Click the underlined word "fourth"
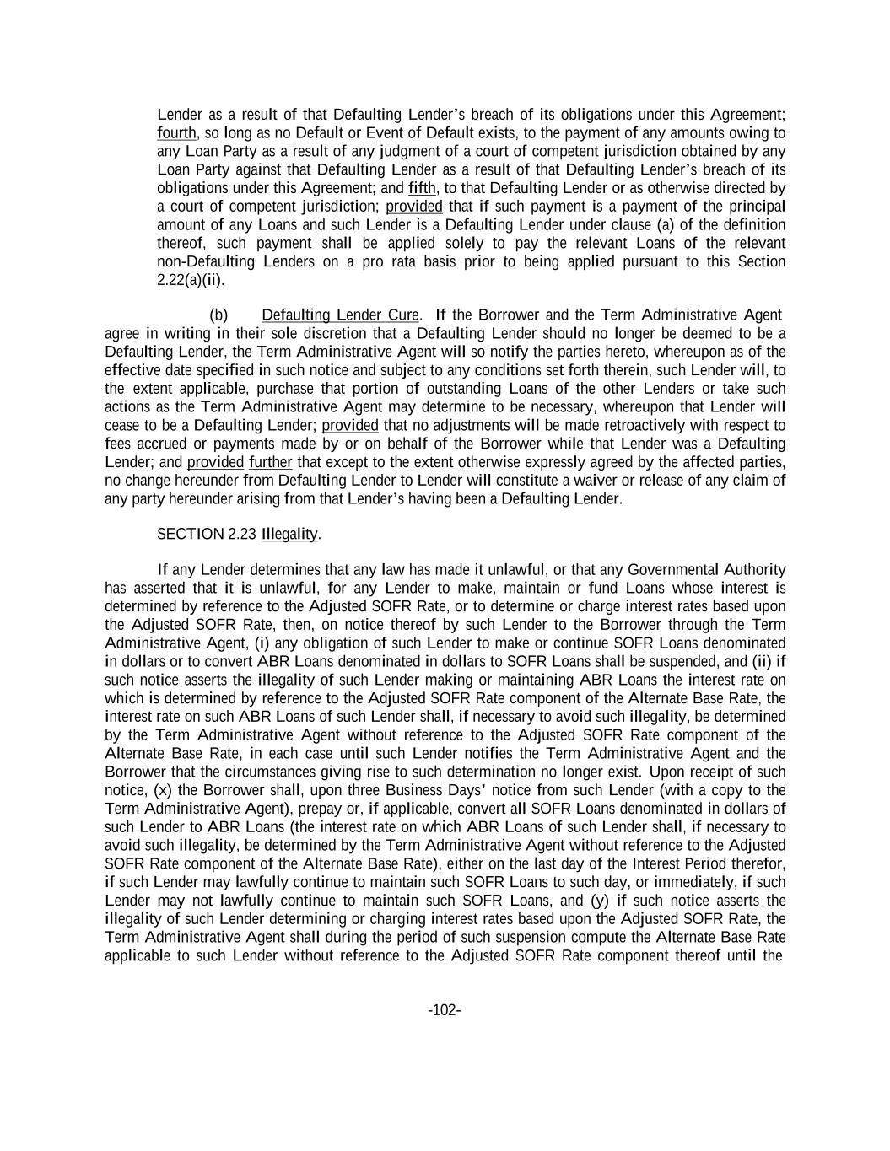176,133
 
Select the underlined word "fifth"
422,188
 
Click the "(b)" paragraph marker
218,315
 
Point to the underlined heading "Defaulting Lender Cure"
340,315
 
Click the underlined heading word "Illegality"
289,535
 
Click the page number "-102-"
444,1010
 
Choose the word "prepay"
273,809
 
